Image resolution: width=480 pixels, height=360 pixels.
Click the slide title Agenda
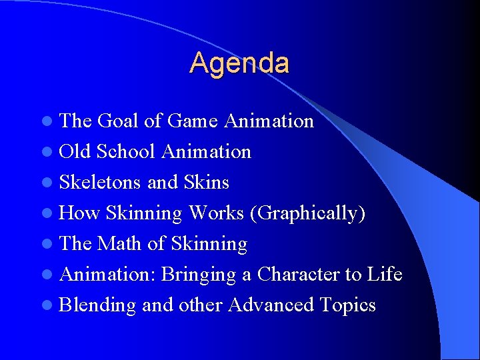tap(239, 63)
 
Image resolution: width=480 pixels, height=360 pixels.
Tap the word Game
tap(192, 121)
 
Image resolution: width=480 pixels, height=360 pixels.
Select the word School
tap(126, 151)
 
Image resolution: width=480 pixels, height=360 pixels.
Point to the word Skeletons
tap(100, 182)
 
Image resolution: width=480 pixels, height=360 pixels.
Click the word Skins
tap(208, 182)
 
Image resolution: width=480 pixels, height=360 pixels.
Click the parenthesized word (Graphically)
tap(307, 213)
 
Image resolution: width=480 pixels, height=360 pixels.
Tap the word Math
tap(121, 243)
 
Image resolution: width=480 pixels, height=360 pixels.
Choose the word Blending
tap(97, 305)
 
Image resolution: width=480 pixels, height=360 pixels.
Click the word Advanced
tap(271, 305)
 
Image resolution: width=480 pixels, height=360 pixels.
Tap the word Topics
tap(347, 305)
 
